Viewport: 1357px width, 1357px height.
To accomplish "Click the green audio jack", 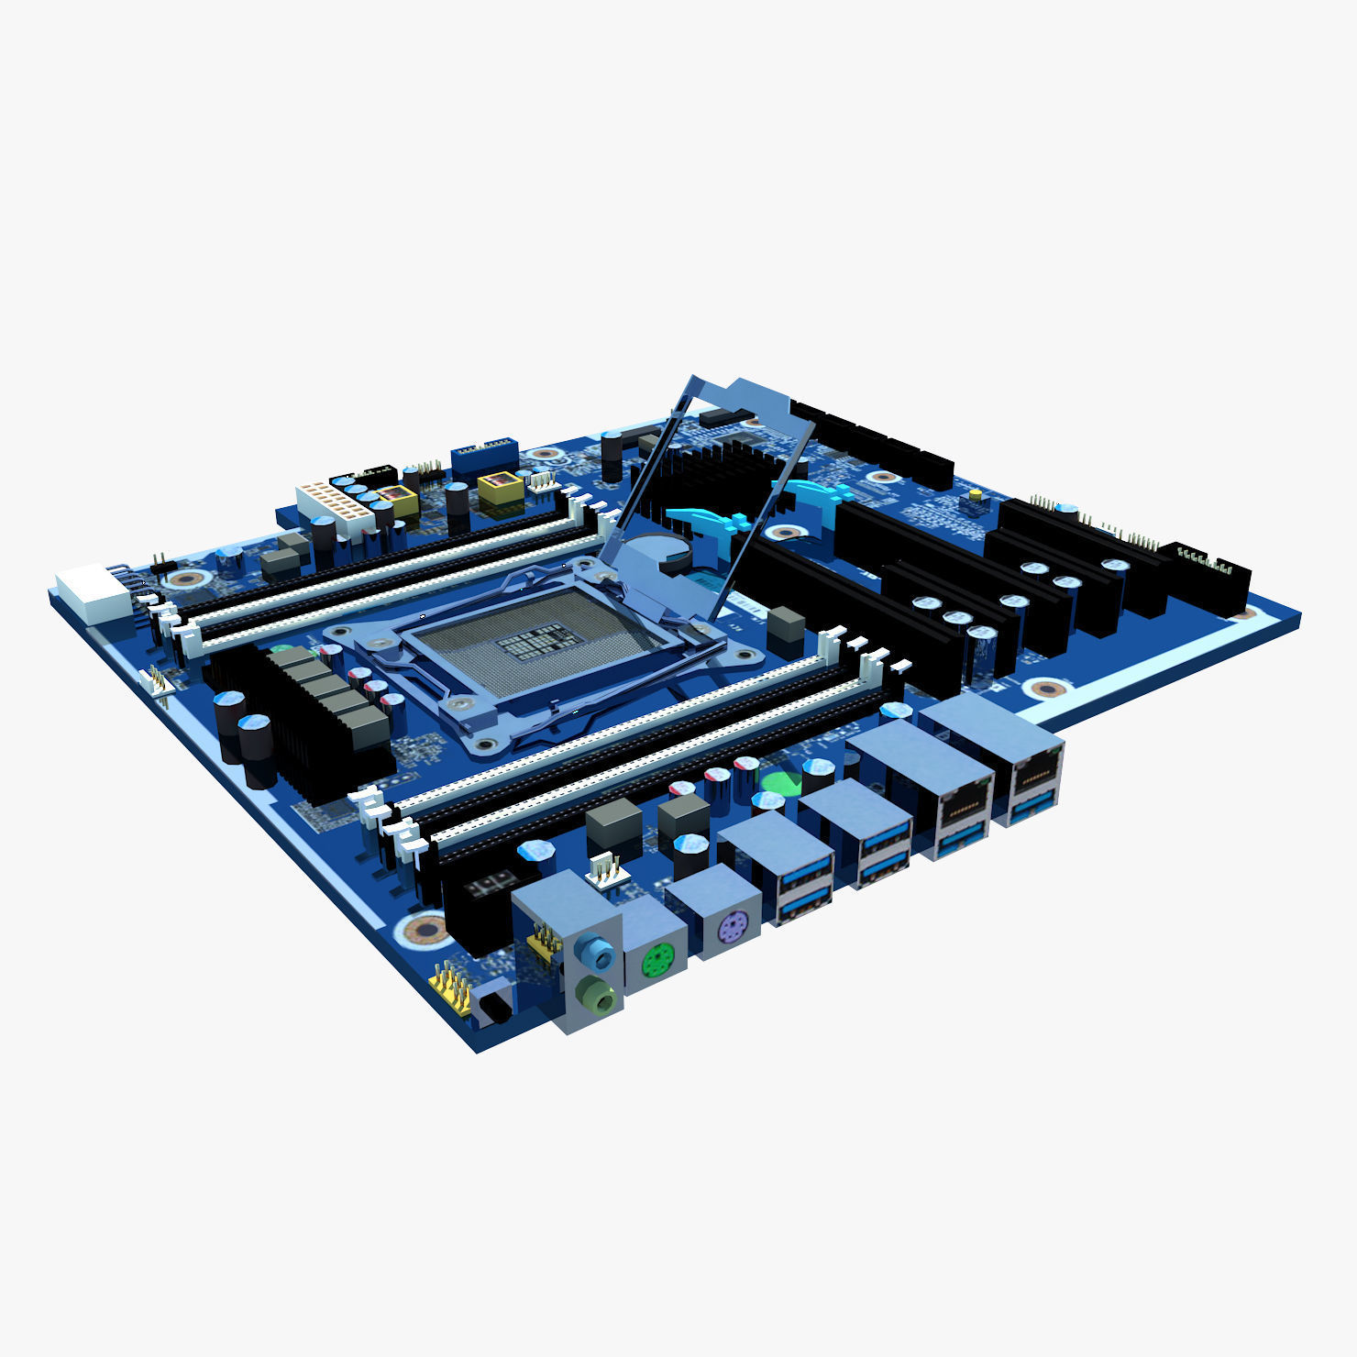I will tap(597, 995).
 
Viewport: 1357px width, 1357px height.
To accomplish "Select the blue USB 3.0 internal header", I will tap(485, 458).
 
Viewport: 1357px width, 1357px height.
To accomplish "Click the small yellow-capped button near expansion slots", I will tap(975, 495).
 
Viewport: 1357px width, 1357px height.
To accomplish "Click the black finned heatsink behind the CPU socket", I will tap(706, 472).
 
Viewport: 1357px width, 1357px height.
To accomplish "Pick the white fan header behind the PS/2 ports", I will tap(605, 869).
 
